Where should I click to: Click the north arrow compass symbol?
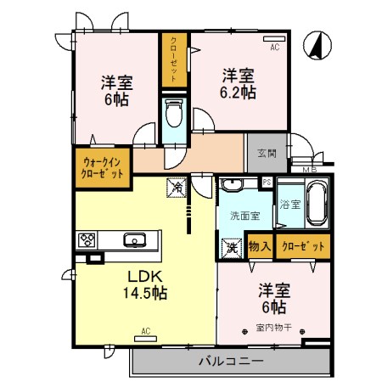coord(317,46)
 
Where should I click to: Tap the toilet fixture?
coord(173,112)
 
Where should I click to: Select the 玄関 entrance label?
coord(265,154)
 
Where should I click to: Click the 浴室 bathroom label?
coord(289,205)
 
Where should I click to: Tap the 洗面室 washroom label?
coord(244,216)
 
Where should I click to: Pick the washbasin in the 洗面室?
coord(230,185)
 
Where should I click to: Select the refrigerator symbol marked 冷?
coord(177,184)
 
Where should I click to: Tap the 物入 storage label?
coord(260,247)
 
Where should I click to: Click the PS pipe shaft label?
coord(267,182)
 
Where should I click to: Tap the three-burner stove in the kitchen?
coord(88,240)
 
